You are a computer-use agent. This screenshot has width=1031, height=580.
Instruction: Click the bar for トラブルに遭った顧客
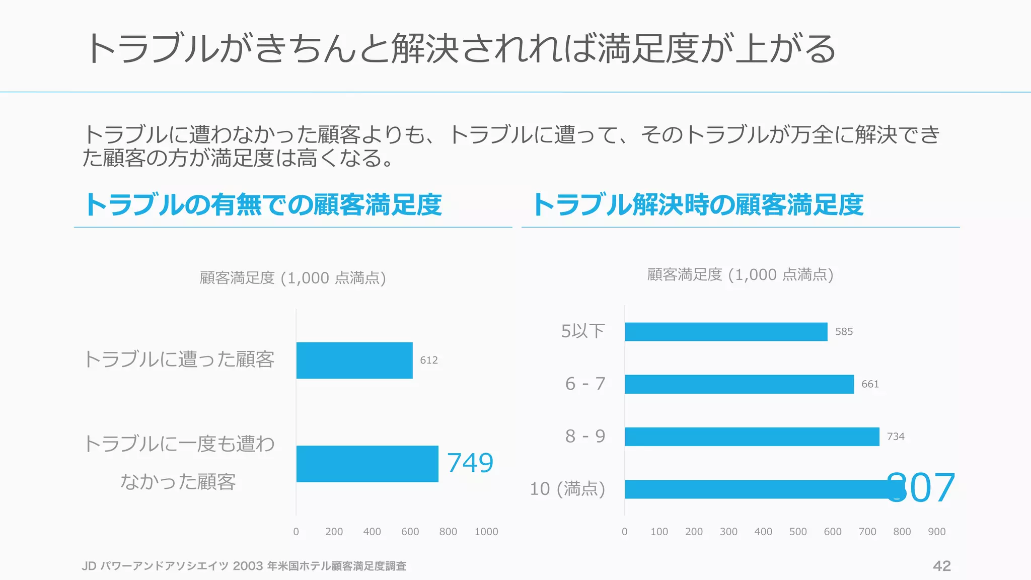tap(354, 360)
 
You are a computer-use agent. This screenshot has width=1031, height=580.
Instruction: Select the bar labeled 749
tap(367, 464)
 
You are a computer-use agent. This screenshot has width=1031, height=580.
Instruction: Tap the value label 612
tap(429, 360)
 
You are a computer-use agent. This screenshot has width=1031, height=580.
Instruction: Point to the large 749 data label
tap(470, 463)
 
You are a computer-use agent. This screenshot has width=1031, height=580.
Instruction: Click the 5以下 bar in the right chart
tap(726, 332)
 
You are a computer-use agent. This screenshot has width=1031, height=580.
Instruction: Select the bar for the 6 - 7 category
tap(739, 384)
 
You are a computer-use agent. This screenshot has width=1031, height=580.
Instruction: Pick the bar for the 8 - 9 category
tap(752, 437)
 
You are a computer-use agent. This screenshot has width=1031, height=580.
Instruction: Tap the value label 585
tap(844, 332)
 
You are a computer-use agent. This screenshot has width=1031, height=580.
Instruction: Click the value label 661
tap(870, 384)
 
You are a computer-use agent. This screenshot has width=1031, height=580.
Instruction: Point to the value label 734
tap(896, 437)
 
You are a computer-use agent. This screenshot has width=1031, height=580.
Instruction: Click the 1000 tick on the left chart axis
tap(486, 532)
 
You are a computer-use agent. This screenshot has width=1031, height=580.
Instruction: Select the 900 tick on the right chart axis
tap(937, 532)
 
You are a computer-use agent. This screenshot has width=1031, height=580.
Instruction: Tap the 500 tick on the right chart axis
tap(798, 532)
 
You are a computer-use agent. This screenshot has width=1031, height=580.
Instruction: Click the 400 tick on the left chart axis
tap(372, 532)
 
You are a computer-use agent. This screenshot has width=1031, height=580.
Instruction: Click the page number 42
tap(942, 566)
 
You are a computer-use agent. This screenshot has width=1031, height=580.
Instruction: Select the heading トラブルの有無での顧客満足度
tap(263, 205)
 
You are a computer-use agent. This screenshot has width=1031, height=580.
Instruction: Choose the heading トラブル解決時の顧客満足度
tap(698, 205)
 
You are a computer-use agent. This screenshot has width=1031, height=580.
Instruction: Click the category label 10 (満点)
tap(567, 489)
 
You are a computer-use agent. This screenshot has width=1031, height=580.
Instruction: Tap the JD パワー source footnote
tap(244, 566)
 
